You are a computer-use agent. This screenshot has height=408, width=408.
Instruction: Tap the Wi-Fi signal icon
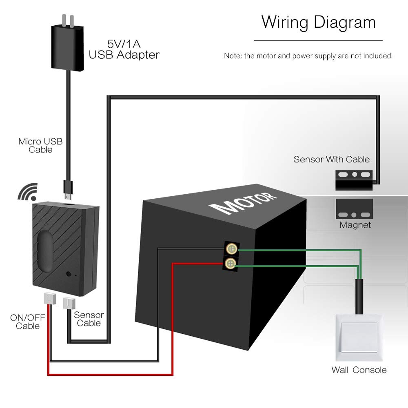[28, 192]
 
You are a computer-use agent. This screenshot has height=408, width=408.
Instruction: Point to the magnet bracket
[354, 209]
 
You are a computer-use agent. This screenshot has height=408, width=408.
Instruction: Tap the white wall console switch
[359, 337]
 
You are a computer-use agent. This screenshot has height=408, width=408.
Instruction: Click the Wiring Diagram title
[318, 22]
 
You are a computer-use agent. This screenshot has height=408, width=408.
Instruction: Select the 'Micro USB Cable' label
[40, 146]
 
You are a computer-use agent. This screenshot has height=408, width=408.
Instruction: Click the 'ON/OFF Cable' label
[28, 322]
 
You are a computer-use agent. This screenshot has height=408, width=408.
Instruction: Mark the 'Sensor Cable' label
[89, 319]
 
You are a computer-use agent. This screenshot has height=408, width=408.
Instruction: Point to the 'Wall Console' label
[359, 370]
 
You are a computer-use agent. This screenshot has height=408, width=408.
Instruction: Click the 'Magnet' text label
[355, 225]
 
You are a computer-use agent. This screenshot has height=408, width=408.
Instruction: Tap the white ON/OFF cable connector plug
[49, 298]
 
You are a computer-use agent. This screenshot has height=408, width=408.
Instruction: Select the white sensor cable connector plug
[69, 303]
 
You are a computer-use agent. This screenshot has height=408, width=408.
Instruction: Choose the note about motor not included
[308, 56]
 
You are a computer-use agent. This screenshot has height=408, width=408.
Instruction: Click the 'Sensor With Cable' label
[331, 160]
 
